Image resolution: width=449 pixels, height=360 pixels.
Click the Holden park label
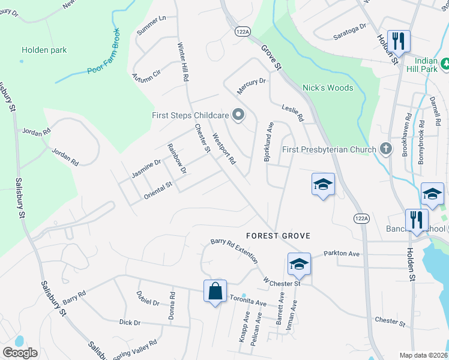(x=44, y=50)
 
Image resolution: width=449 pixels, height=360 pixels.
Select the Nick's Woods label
(x=327, y=88)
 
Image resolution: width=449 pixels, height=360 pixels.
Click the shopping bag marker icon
(x=215, y=292)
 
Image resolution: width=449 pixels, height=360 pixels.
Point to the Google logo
(x=20, y=353)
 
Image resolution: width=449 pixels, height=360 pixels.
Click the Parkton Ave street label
(x=342, y=254)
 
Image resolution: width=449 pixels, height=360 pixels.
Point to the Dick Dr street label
(x=129, y=323)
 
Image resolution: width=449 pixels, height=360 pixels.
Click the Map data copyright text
(x=423, y=355)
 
